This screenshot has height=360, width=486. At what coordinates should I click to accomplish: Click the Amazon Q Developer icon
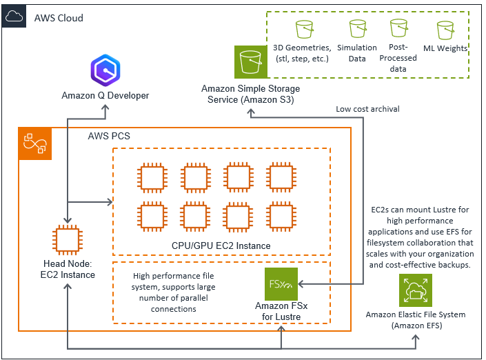pos(105,71)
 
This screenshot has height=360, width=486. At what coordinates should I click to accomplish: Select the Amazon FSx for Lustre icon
pos(281,283)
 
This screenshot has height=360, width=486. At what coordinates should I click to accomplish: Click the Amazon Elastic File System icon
pos(416,290)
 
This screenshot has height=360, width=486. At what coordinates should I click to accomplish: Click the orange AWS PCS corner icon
pos(34,143)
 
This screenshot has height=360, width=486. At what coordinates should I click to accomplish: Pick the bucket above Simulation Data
pos(357,28)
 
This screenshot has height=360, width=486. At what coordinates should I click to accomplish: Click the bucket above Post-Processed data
pos(398,28)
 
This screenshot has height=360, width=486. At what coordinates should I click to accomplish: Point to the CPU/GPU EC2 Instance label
pos(221,246)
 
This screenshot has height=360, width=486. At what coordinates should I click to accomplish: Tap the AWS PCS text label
pos(109,136)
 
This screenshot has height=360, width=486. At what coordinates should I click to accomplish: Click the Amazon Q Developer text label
pos(105,95)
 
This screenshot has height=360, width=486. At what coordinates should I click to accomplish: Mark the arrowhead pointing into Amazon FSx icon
pos(302,283)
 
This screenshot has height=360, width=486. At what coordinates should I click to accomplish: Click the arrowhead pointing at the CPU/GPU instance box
pos(110,202)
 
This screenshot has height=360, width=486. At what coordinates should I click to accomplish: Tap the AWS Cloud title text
pos(59,17)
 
